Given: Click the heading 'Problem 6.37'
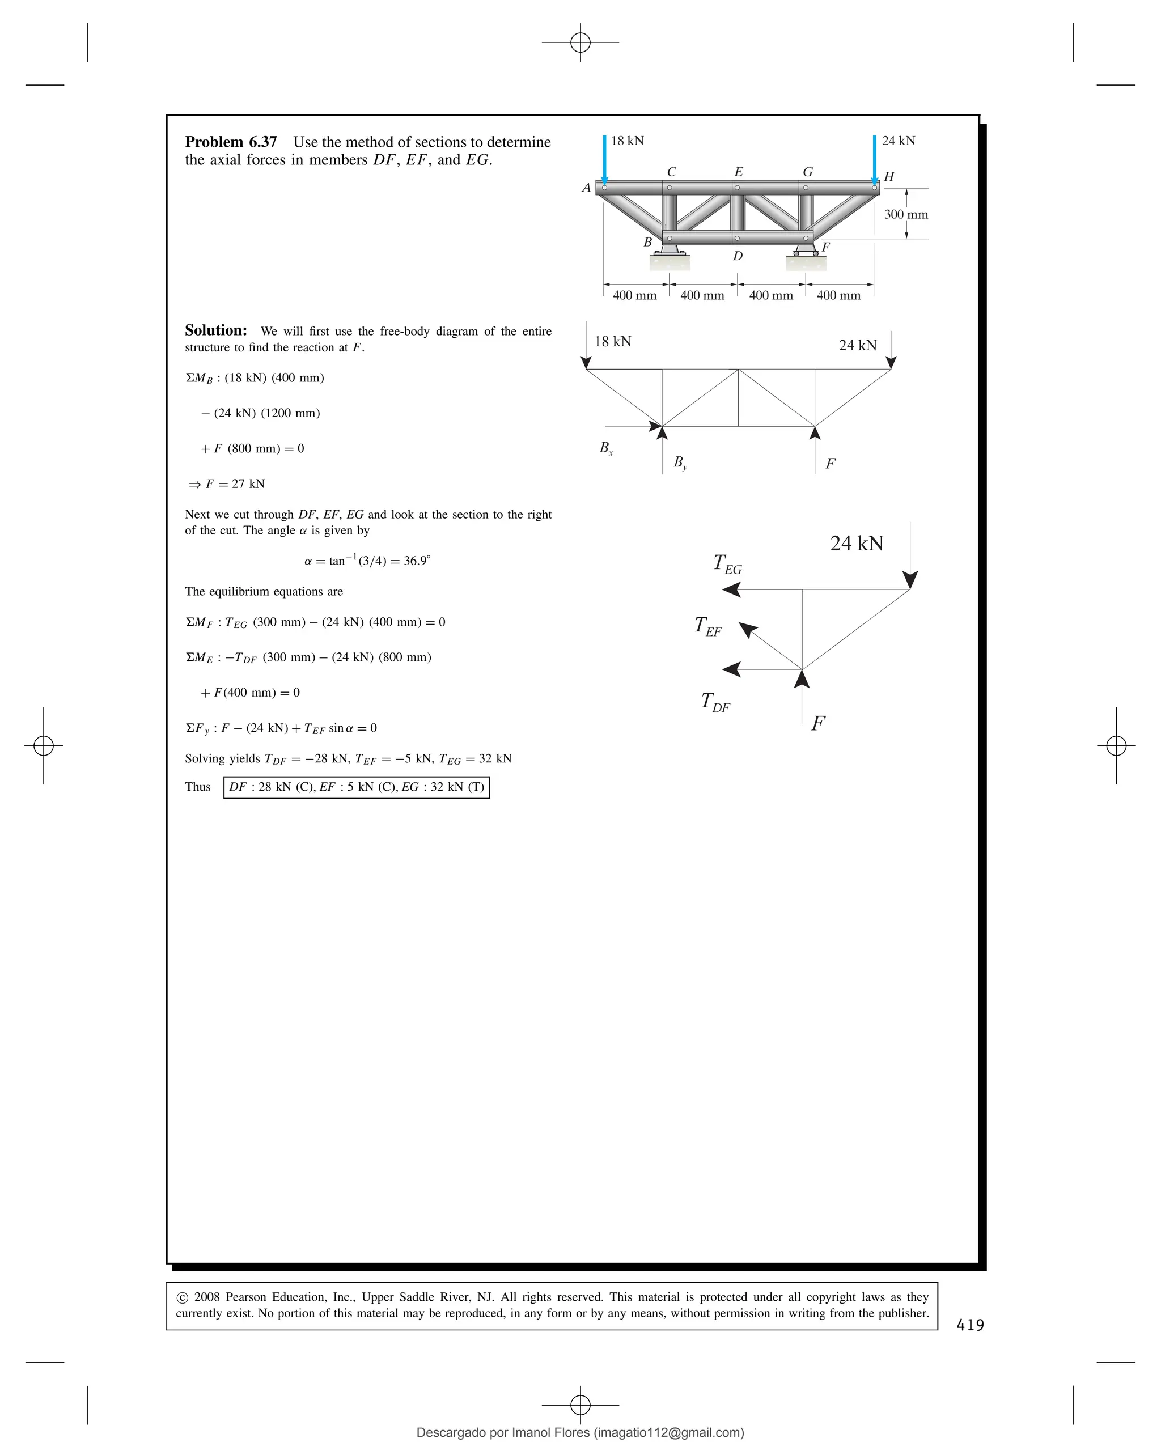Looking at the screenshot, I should coord(230,142).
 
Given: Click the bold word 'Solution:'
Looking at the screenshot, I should coord(215,330).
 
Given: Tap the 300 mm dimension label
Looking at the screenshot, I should coord(905,215).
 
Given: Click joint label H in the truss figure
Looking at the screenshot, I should coord(888,177).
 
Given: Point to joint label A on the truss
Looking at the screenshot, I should coord(586,188).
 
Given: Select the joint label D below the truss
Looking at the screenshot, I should coord(738,256).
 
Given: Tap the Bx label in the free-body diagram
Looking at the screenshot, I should coord(606,448).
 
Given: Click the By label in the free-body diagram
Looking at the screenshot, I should coord(680,463).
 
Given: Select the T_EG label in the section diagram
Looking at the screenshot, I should coord(727,564).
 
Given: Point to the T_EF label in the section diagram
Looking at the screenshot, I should coord(707,626).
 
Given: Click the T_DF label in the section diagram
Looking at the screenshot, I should coord(715,702).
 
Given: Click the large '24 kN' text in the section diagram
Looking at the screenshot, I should coord(856,543).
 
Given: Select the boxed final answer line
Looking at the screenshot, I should coord(356,787).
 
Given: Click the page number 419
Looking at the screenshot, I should coord(970,1325).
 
